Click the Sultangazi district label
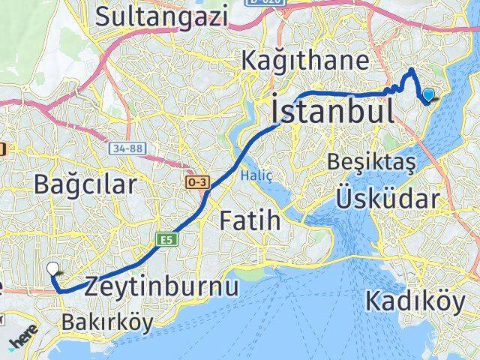(x=162, y=15)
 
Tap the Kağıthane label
(x=304, y=61)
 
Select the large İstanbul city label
(x=333, y=112)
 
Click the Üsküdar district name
(x=387, y=199)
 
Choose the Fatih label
(x=250, y=220)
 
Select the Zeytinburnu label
(x=161, y=286)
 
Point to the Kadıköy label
(x=415, y=301)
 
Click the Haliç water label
(x=250, y=175)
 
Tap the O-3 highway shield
(x=198, y=183)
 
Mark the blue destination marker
(x=428, y=95)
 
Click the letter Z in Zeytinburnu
(x=94, y=286)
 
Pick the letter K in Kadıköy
(x=374, y=301)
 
